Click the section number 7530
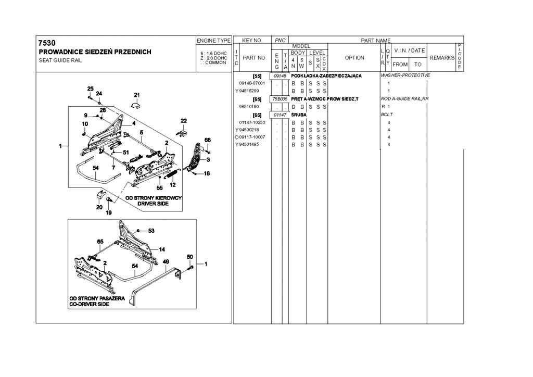point(47,43)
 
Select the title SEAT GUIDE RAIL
point(60,60)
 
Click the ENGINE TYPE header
point(213,41)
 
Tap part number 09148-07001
point(252,83)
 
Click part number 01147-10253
point(252,122)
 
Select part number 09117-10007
point(252,137)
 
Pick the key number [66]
point(257,115)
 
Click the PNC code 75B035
point(280,99)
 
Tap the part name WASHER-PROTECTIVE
point(405,76)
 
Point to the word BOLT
point(386,115)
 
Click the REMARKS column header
point(442,58)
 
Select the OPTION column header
point(354,58)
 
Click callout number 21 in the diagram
point(137,95)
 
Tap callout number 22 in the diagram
point(183,121)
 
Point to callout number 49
point(166,261)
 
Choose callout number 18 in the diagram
point(207,173)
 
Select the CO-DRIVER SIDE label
point(90,304)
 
